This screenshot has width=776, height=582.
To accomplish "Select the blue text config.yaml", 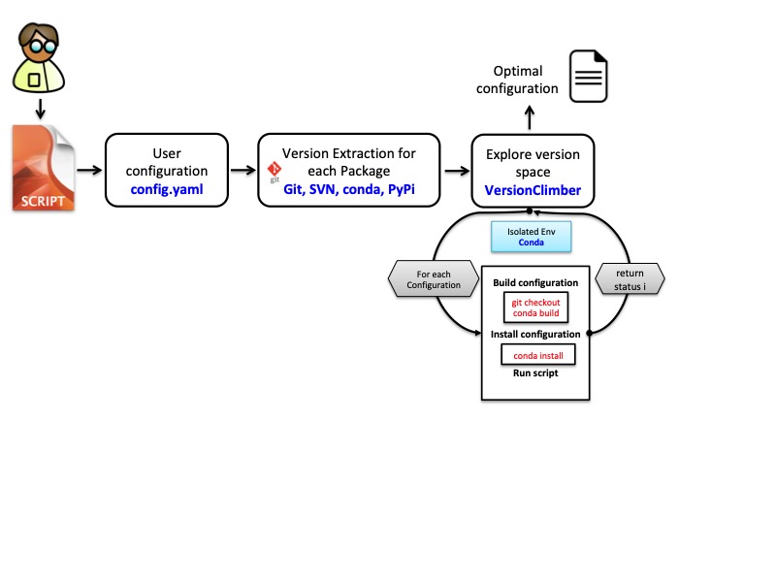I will [x=167, y=189].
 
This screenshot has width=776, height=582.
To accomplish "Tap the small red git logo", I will [x=274, y=172].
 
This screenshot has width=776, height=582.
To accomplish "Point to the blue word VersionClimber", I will [x=533, y=190].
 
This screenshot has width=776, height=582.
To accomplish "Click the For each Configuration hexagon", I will [x=433, y=280].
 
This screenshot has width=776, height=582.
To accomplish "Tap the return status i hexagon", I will [x=630, y=280].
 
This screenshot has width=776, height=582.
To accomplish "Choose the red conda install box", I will [x=537, y=355].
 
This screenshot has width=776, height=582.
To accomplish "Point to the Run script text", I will [x=535, y=373].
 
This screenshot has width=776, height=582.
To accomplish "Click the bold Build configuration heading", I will [x=535, y=283].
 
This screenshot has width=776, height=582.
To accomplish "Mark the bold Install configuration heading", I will [x=535, y=334].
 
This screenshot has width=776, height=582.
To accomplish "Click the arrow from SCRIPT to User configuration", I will [x=89, y=171].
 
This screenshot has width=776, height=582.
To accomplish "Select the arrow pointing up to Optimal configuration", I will [x=529, y=117].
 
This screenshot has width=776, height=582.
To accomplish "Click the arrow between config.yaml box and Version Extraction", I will [x=242, y=171].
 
